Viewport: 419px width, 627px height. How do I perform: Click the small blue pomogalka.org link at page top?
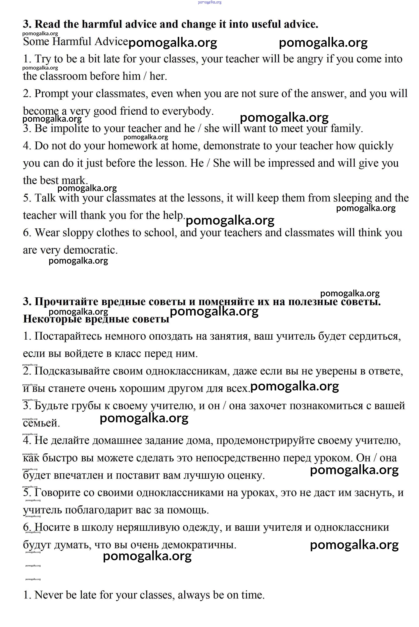[x=210, y=2]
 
